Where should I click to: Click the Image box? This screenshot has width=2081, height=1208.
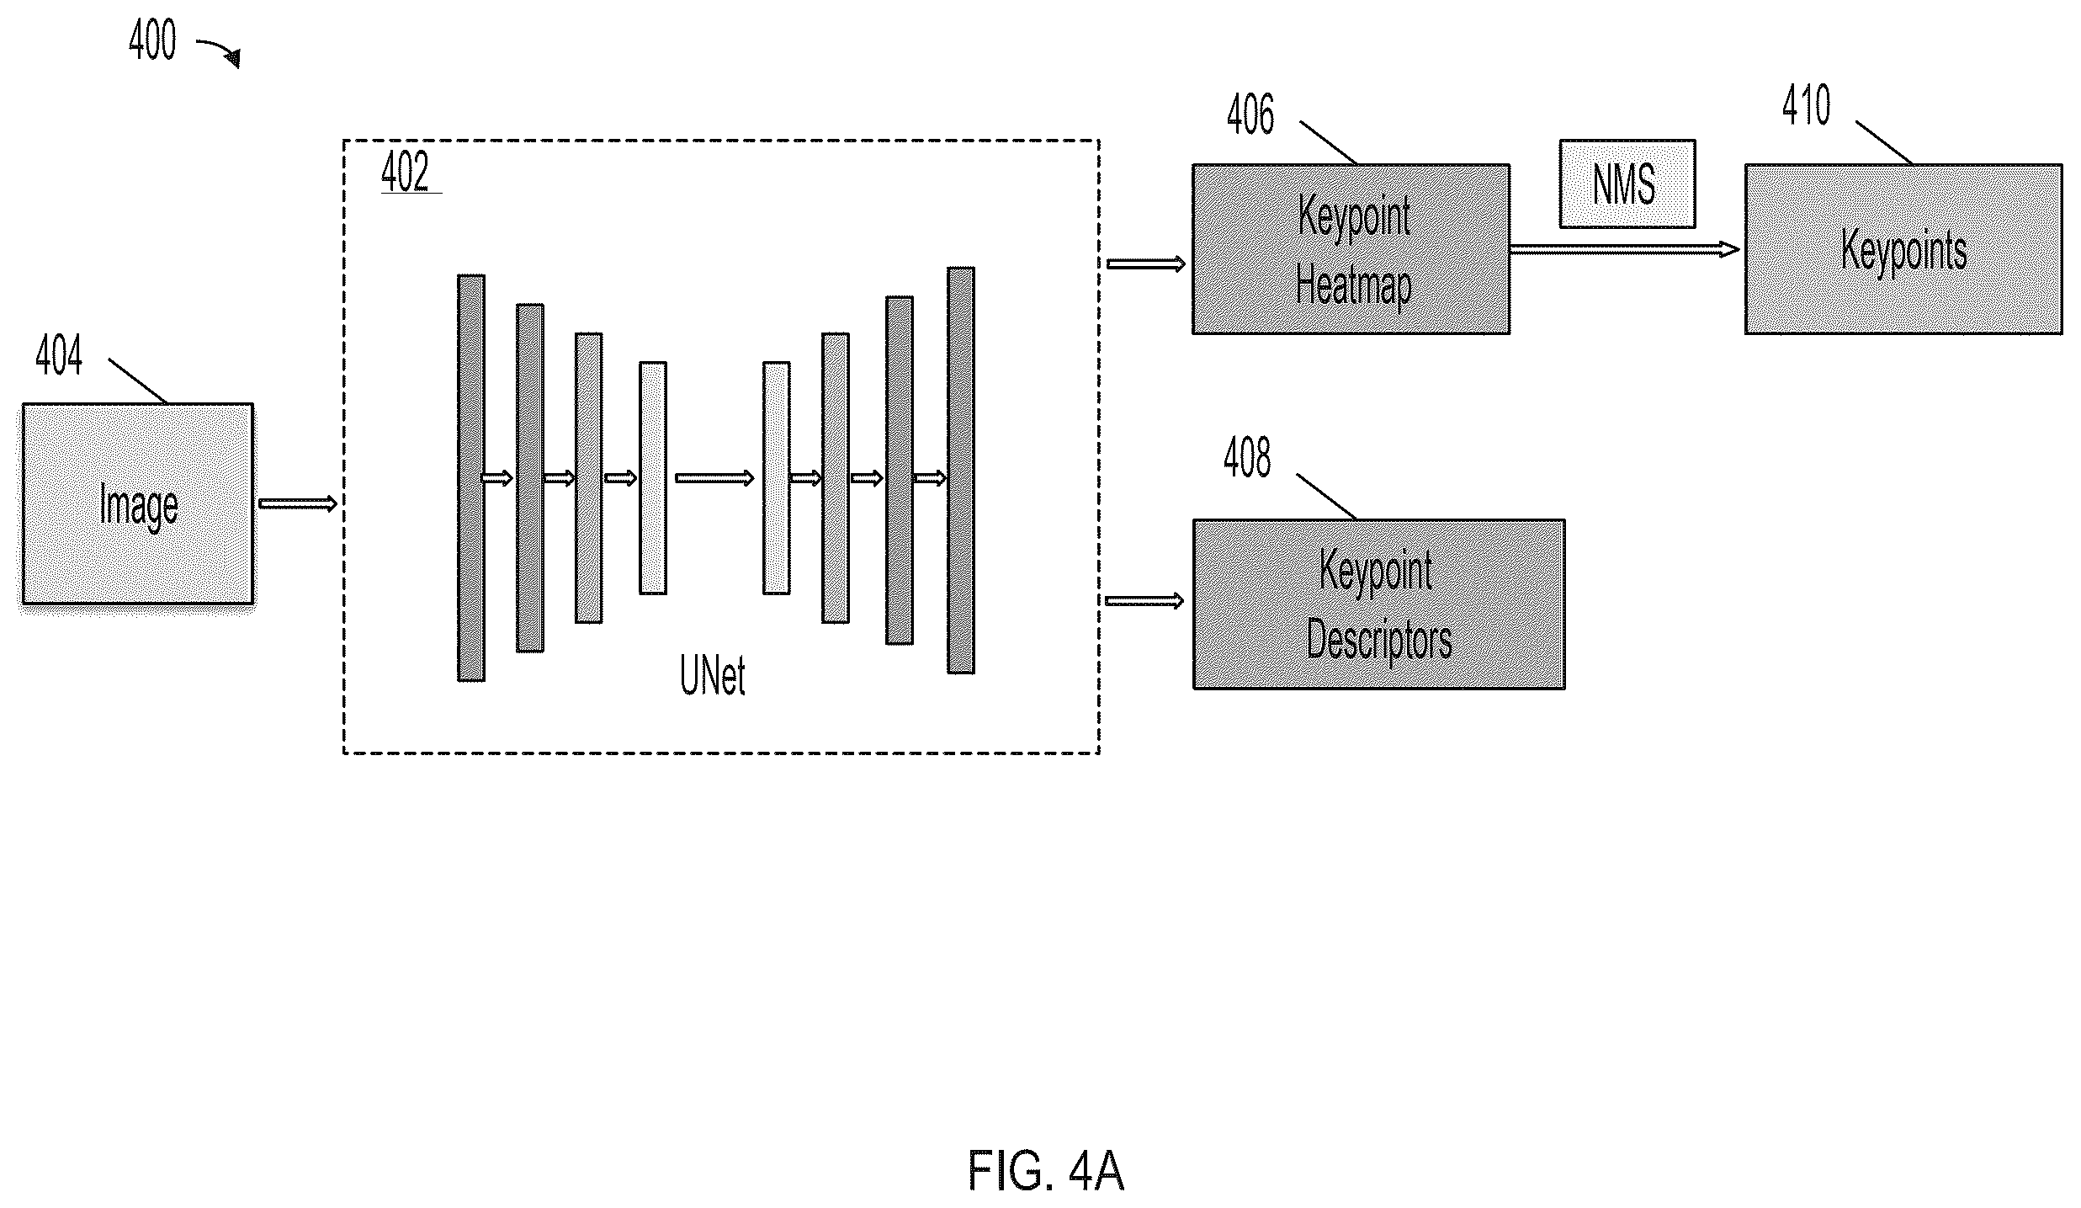tap(137, 503)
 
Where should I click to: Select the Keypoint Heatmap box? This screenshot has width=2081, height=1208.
tap(1351, 249)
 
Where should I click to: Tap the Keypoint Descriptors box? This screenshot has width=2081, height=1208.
tap(1378, 604)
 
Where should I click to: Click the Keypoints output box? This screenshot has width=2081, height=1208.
tap(1903, 249)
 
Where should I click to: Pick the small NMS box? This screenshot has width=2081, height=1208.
tap(1627, 184)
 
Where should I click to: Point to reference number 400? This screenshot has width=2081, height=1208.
tap(152, 40)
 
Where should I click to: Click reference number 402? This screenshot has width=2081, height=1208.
tap(406, 172)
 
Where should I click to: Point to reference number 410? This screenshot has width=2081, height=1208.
tap(1806, 106)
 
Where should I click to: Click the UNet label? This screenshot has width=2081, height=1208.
tap(712, 676)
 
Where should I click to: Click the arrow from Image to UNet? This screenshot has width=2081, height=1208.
tap(298, 503)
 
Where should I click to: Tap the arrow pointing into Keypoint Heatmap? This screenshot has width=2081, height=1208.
tap(1146, 264)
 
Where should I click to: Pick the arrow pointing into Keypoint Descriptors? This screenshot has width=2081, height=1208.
tap(1144, 600)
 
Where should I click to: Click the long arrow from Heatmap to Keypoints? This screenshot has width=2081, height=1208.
tap(1625, 249)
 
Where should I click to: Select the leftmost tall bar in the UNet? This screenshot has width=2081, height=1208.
tap(471, 477)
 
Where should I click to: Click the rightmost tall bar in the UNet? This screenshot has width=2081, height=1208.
tap(961, 471)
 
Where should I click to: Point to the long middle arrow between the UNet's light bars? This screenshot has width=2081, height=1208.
tap(714, 478)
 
